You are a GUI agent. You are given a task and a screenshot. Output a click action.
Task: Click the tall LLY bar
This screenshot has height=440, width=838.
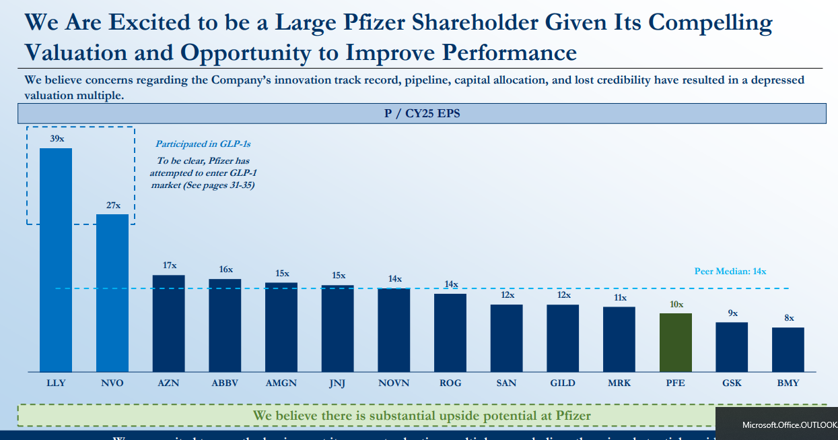(x=56, y=259)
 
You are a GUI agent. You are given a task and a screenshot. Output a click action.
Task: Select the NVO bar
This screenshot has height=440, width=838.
(x=112, y=292)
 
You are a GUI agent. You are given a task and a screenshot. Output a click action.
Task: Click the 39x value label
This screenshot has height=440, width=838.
(x=57, y=138)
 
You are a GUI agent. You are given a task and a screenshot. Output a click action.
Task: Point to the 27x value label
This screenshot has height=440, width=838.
(x=113, y=206)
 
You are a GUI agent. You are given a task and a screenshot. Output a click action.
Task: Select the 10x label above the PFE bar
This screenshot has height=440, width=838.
(x=676, y=304)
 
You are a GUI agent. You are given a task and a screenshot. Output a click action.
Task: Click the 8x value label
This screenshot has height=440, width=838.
(x=789, y=318)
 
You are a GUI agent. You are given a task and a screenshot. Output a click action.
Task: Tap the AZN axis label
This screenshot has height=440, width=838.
(x=169, y=383)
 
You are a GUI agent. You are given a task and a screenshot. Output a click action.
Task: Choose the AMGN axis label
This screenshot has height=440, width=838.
(x=282, y=383)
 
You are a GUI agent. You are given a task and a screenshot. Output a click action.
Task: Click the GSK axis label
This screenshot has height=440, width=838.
(x=732, y=383)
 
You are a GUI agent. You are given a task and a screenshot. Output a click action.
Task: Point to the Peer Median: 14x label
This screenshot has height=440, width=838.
(x=730, y=272)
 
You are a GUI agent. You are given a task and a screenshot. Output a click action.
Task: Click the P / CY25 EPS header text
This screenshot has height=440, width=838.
(x=422, y=114)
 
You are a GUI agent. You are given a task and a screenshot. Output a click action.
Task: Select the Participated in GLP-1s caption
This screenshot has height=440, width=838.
(x=203, y=144)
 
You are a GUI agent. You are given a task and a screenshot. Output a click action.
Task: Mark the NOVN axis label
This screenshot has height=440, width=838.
(x=394, y=383)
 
